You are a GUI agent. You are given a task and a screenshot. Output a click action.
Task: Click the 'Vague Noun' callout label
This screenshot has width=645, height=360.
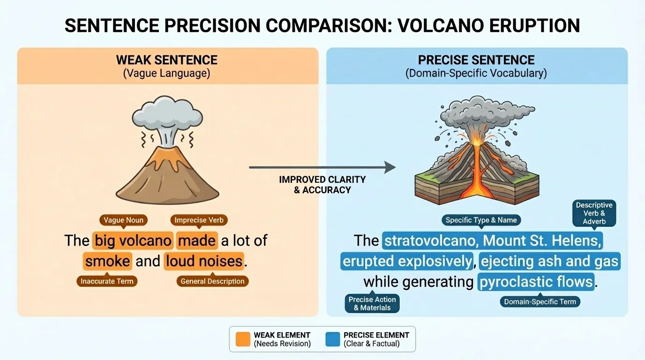[x=123, y=220]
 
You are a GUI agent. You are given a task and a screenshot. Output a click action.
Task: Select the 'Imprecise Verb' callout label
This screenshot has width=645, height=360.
[x=198, y=220]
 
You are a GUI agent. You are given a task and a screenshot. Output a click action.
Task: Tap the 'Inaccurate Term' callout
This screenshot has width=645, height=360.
[x=107, y=281]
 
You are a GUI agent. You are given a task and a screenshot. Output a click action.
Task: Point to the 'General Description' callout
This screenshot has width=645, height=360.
[x=212, y=281]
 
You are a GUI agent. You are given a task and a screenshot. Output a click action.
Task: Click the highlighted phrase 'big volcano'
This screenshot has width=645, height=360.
[x=133, y=240]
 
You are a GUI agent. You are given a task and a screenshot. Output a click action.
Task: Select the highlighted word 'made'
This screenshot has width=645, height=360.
[x=197, y=240]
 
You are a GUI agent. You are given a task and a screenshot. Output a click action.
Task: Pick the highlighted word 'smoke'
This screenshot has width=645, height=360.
[x=108, y=261]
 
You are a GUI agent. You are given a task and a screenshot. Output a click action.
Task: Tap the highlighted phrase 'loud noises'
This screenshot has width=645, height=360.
[x=204, y=261]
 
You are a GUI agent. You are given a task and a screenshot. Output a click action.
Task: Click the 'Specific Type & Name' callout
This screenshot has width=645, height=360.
[x=481, y=220]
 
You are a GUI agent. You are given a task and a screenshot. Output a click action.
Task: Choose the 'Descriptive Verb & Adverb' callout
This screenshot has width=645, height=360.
[x=594, y=213]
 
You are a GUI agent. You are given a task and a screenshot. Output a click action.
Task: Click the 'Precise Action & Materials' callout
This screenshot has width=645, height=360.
[x=372, y=303]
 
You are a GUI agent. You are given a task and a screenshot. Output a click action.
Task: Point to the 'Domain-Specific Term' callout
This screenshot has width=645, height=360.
[x=540, y=301]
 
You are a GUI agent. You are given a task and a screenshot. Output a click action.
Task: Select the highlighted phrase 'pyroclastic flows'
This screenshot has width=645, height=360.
[x=536, y=282]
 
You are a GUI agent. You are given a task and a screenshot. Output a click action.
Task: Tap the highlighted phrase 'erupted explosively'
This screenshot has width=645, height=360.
[x=406, y=261]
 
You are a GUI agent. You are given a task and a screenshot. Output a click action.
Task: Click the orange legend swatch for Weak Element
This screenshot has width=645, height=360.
[x=243, y=339]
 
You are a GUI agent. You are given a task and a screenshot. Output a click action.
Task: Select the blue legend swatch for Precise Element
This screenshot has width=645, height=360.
[x=332, y=339]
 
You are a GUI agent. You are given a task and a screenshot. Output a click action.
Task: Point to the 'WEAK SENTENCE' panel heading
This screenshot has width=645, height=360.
[x=167, y=60]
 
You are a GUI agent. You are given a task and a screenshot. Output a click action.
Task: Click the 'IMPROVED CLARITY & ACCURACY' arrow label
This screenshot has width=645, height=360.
[x=322, y=185]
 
